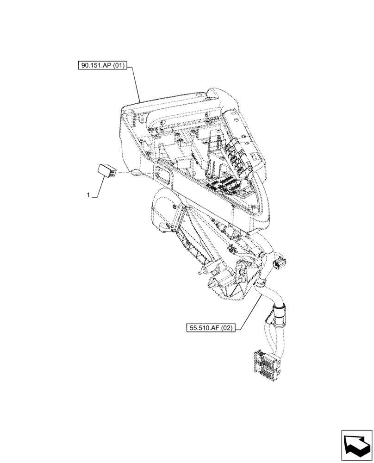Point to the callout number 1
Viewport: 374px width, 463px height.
88,196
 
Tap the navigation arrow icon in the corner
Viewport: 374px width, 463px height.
357,446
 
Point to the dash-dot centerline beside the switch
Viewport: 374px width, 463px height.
132,173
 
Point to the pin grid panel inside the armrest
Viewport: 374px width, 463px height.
227,185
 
